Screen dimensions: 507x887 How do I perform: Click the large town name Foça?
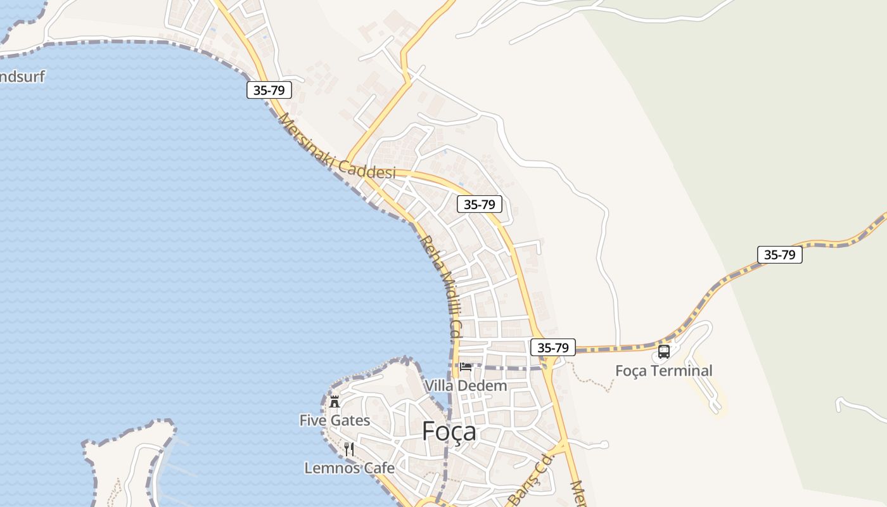[x=449, y=432]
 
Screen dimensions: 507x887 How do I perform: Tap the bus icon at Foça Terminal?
[x=664, y=351]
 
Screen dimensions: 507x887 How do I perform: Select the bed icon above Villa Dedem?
[x=466, y=366]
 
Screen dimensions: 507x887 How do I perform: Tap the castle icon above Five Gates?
[x=335, y=401]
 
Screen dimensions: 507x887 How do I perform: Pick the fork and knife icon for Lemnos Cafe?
[x=349, y=449]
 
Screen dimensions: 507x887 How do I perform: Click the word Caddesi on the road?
[x=367, y=169]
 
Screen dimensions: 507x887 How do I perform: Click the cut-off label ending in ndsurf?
[x=22, y=77]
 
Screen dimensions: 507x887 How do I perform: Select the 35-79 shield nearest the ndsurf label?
[x=269, y=90]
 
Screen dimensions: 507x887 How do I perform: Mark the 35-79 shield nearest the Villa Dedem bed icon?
[x=553, y=347]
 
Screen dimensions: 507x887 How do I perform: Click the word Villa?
[x=439, y=385]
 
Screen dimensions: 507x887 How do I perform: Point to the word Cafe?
[x=379, y=468]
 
